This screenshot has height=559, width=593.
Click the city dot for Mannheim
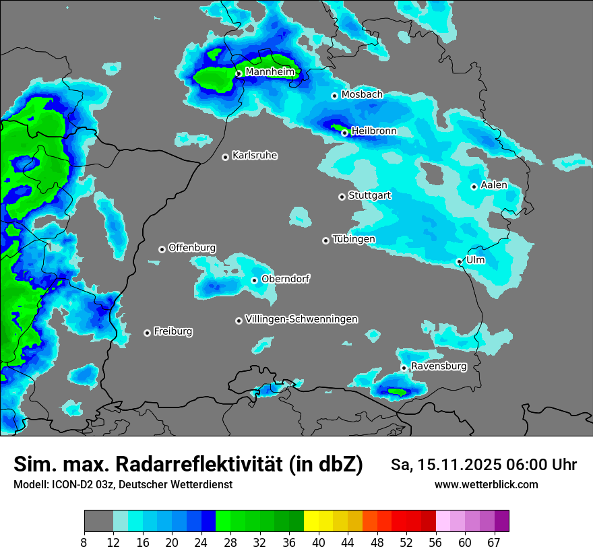pos(239,74)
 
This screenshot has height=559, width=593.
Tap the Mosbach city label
pos(362,95)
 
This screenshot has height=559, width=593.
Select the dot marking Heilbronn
pos(344,133)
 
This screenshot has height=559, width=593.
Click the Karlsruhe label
pos(255,156)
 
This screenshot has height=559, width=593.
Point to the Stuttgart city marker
pos(342,197)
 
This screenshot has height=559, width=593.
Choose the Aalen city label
pos(494,185)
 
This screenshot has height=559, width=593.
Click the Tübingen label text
pos(354,239)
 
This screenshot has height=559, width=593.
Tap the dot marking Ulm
pos(459,261)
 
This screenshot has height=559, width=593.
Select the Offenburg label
pos(192,248)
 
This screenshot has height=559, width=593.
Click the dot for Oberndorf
pos(254,280)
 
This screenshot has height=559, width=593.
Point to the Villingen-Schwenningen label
pos(301,319)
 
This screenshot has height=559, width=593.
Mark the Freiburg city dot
pos(147,333)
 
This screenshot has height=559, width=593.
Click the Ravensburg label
pos(439,366)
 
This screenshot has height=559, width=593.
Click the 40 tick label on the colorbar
pos(319,542)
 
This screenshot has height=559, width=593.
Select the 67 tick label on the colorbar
pos(494,542)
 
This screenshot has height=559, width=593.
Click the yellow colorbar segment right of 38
pos(311,521)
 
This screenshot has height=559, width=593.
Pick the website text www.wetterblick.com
pos(487,484)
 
